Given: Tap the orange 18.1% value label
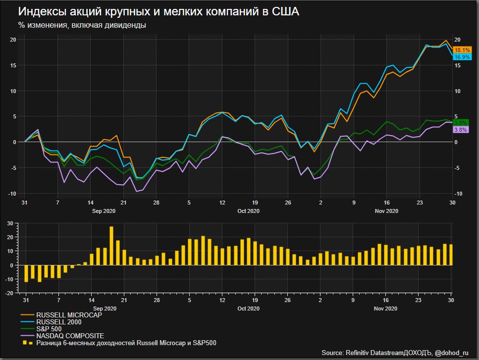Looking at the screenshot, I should click(462, 50).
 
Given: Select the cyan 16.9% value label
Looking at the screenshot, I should click(462, 57).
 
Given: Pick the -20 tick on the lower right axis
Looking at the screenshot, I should click(459, 293).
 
